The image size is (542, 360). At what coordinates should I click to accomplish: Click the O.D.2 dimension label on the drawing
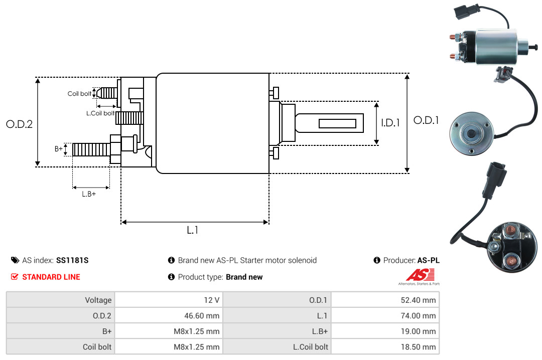[20, 124]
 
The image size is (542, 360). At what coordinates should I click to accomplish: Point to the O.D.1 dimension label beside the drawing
[426, 120]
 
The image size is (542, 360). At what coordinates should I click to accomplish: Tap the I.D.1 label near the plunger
[390, 123]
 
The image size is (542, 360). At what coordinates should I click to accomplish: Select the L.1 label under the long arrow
[193, 230]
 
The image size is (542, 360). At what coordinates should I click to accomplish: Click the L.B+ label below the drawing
[89, 194]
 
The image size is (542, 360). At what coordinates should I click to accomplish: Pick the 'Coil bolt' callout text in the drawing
[79, 94]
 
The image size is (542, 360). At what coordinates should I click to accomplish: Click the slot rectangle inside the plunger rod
[337, 123]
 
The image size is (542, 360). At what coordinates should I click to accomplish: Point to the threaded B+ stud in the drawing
[91, 149]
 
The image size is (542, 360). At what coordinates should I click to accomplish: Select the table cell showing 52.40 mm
[385, 300]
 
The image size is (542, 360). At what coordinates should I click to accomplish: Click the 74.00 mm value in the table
[385, 315]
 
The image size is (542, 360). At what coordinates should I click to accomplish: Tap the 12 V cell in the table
[169, 300]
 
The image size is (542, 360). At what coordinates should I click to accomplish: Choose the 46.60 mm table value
[169, 315]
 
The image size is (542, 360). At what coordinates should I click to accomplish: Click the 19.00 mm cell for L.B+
[385, 331]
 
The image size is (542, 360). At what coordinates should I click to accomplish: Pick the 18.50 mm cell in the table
[385, 346]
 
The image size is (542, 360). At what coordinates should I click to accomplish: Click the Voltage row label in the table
[98, 300]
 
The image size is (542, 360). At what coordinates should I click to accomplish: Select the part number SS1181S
[72, 260]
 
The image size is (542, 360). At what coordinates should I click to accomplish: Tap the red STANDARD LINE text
[51, 277]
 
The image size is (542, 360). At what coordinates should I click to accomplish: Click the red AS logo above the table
[420, 275]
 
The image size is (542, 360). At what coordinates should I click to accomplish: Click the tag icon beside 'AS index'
[15, 260]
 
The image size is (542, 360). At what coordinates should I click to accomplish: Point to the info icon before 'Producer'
[377, 260]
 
